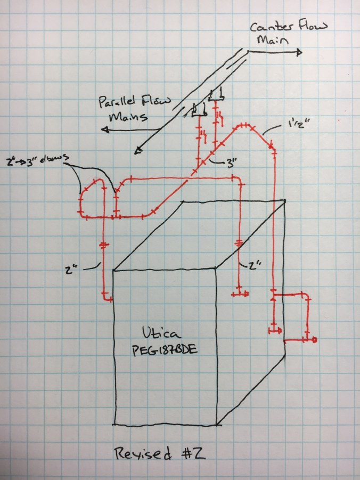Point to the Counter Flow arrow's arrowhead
(x=299, y=52)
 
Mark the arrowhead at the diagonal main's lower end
(x=138, y=151)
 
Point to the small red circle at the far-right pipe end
(x=315, y=339)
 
